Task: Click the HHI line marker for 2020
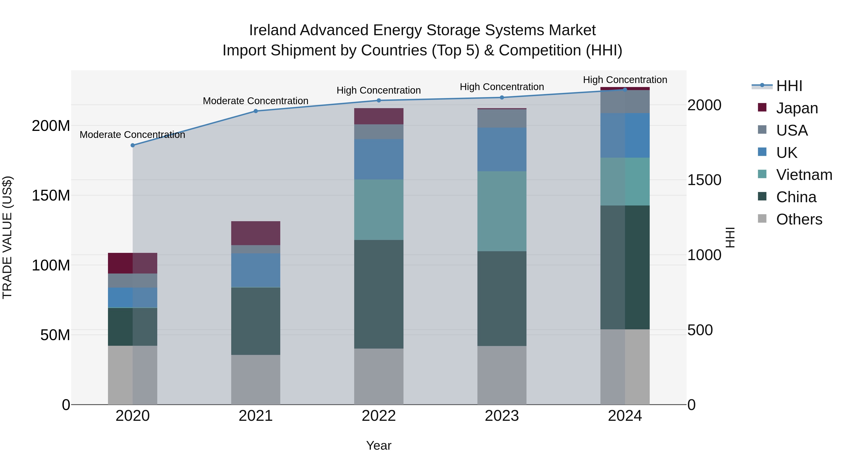point(133,145)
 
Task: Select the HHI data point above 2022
point(379,100)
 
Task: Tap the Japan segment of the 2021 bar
point(256,233)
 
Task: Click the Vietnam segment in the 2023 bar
point(502,211)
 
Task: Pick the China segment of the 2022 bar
point(379,294)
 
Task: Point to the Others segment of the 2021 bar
point(256,379)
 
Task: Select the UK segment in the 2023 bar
point(502,149)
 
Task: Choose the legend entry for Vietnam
point(804,175)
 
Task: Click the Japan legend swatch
point(762,107)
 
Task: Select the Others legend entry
point(799,219)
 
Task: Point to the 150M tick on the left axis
point(51,195)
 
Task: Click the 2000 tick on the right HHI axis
point(704,105)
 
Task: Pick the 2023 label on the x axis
point(502,416)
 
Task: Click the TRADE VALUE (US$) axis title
point(7,237)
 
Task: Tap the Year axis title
point(379,445)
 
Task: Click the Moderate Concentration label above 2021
point(256,101)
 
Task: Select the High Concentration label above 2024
point(625,80)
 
